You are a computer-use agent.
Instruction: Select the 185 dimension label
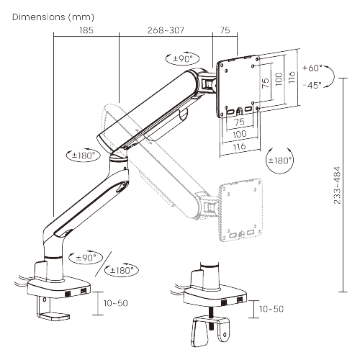[x=86, y=31]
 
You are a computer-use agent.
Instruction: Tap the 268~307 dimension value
[x=165, y=31]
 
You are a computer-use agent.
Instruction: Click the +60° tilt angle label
[x=313, y=68]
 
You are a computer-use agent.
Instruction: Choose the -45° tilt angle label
[x=312, y=84]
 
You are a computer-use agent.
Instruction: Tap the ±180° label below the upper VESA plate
[x=280, y=160]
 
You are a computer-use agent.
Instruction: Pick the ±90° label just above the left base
[x=84, y=257]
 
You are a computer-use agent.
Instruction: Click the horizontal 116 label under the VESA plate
[x=238, y=146]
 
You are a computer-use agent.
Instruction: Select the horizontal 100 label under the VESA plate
[x=238, y=135]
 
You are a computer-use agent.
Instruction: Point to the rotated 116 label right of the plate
[x=291, y=76]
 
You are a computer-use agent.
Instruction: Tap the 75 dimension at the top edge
[x=225, y=31]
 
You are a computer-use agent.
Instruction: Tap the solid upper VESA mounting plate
[x=238, y=86]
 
